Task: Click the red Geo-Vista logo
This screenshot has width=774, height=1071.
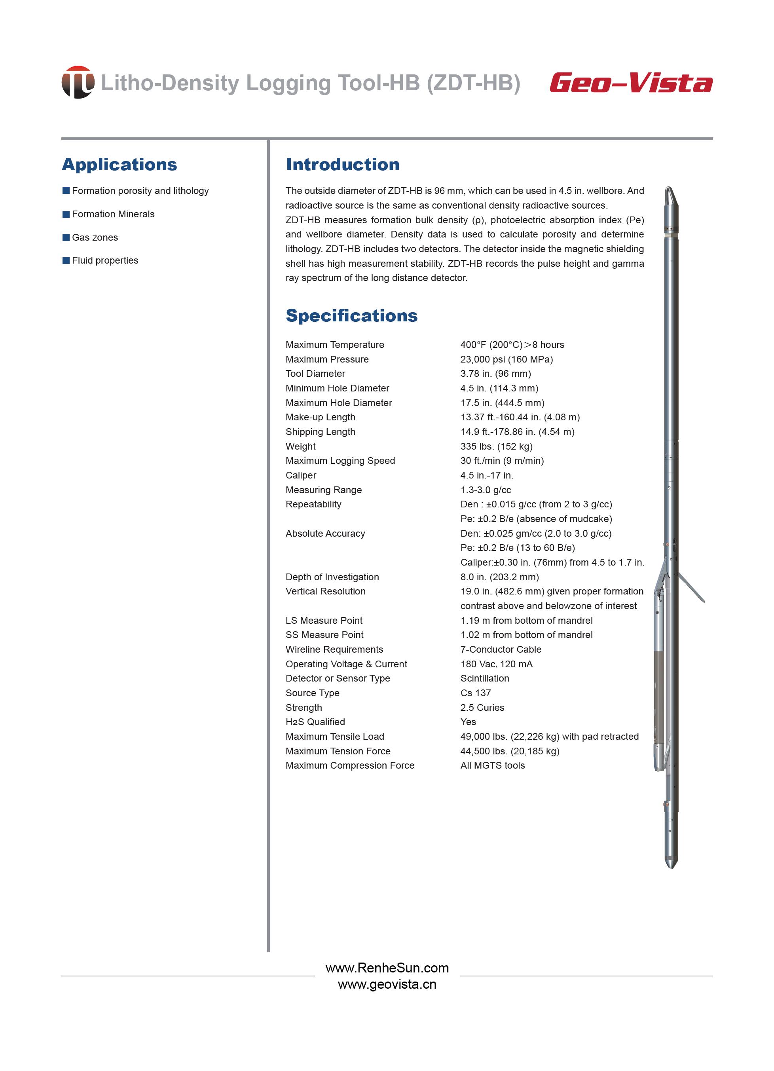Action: pos(630,83)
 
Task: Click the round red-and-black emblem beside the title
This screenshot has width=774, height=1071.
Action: pos(78,82)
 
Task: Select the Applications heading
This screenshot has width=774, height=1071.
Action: pos(120,164)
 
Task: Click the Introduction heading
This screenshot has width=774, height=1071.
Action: pos(342,164)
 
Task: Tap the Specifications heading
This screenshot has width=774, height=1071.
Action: pos(351,315)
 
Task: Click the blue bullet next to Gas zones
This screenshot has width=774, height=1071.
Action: pos(66,237)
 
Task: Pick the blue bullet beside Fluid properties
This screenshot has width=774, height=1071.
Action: pos(66,260)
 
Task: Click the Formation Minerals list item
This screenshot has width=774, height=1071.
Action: pos(113,214)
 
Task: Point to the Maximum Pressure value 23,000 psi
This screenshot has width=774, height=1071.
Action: pos(506,359)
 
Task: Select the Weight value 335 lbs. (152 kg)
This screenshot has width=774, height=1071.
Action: pos(496,446)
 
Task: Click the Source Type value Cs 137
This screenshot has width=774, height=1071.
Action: pos(476,693)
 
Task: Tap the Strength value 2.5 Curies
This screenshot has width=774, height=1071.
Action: pos(482,707)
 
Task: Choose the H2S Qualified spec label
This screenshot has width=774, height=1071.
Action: pos(315,722)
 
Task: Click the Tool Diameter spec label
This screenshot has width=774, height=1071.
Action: pos(315,374)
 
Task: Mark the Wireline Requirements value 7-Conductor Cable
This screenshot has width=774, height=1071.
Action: pos(501,649)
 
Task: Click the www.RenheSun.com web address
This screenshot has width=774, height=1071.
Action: pos(387,968)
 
